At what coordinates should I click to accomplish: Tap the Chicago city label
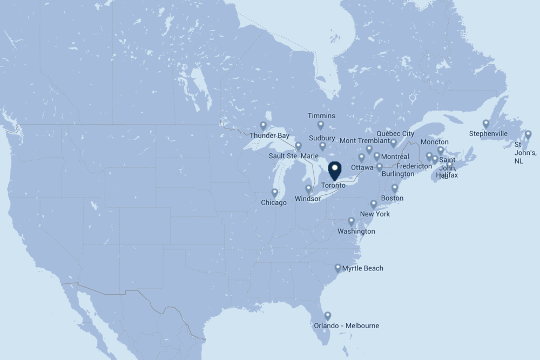pyautogui.click(x=274, y=203)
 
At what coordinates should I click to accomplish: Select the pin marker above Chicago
pyautogui.click(x=274, y=193)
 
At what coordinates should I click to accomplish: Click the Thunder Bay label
pyautogui.click(x=269, y=135)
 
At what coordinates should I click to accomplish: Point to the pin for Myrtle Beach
pyautogui.click(x=338, y=268)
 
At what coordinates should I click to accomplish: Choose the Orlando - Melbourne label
pyautogui.click(x=346, y=325)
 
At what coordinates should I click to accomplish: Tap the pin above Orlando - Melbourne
pyautogui.click(x=327, y=316)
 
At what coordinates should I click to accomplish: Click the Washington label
pyautogui.click(x=356, y=232)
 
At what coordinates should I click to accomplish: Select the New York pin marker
pyautogui.click(x=374, y=204)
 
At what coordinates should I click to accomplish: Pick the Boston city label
pyautogui.click(x=392, y=198)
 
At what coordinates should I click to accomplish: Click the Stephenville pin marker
pyautogui.click(x=486, y=124)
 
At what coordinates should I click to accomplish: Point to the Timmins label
pyautogui.click(x=321, y=116)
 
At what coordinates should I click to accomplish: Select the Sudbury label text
pyautogui.click(x=322, y=138)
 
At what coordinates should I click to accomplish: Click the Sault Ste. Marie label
pyautogui.click(x=294, y=156)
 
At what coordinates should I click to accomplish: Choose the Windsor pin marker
pyautogui.click(x=308, y=189)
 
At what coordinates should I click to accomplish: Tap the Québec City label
pyautogui.click(x=395, y=133)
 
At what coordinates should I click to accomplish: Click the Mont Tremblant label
pyautogui.click(x=364, y=141)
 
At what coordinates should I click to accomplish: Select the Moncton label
pyautogui.click(x=434, y=142)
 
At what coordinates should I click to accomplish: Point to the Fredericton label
pyautogui.click(x=414, y=166)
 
